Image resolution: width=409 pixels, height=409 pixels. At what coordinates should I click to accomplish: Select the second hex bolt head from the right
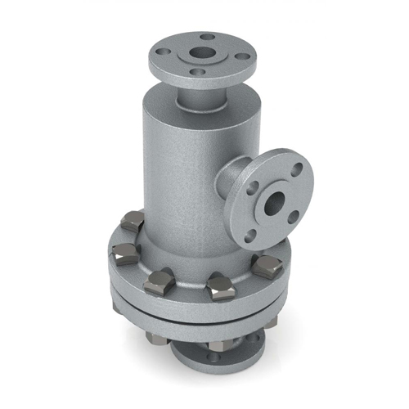tap(219, 283)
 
